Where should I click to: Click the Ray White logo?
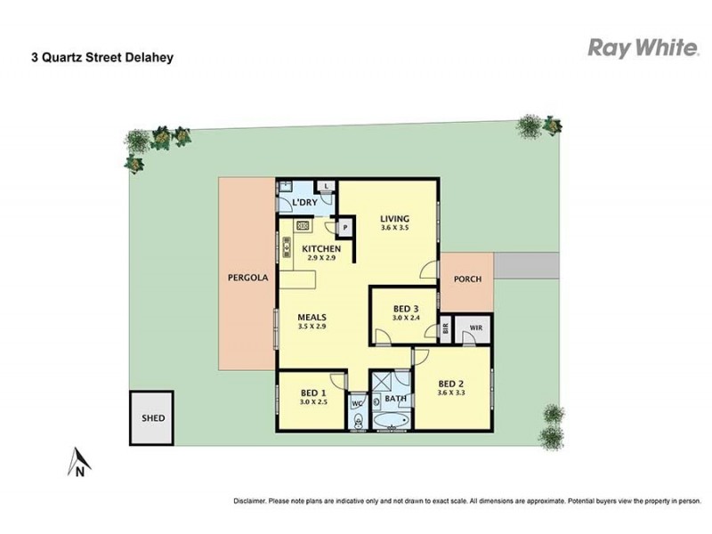(x=643, y=48)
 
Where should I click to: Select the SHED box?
(x=153, y=417)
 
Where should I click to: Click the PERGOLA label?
(x=247, y=278)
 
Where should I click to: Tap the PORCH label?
(x=467, y=279)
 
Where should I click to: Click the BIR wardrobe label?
(x=446, y=331)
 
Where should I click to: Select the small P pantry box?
(x=344, y=228)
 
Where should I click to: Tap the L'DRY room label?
(x=304, y=205)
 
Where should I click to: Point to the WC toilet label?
(x=358, y=403)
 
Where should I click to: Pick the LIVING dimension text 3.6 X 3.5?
(x=393, y=229)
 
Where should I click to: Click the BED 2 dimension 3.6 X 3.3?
(x=452, y=392)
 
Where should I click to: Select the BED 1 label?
(x=312, y=392)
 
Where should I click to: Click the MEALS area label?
(x=311, y=317)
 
